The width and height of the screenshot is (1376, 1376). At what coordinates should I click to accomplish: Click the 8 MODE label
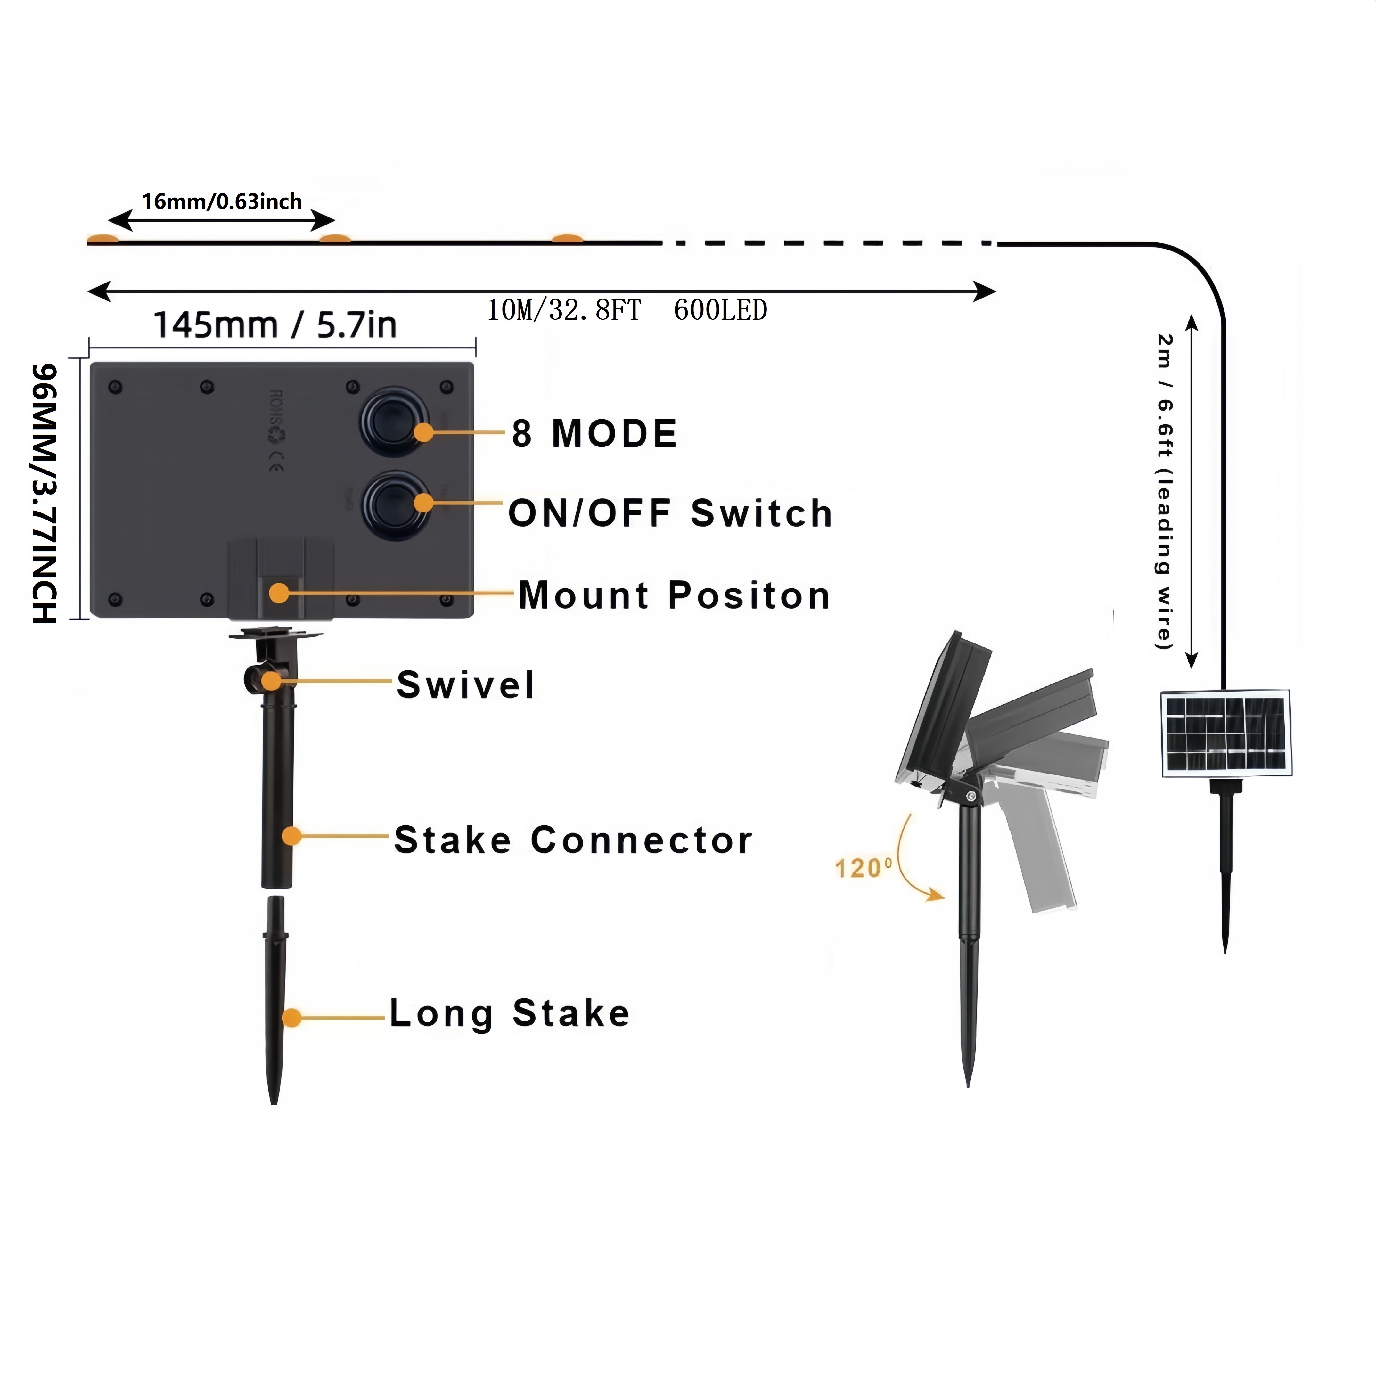pyautogui.click(x=594, y=434)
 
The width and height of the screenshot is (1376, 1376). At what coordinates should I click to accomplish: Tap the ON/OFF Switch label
pyautogui.click(x=670, y=513)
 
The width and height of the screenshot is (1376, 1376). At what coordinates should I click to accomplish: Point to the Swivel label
pyautogui.click(x=465, y=684)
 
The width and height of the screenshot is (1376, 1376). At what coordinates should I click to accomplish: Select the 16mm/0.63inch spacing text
pyautogui.click(x=222, y=201)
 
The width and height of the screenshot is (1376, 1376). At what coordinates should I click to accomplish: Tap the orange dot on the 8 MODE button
pyautogui.click(x=424, y=432)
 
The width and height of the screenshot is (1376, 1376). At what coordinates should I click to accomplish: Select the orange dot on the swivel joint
pyautogui.click(x=271, y=680)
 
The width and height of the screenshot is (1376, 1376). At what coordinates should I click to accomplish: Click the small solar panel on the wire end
pyautogui.click(x=1226, y=732)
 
